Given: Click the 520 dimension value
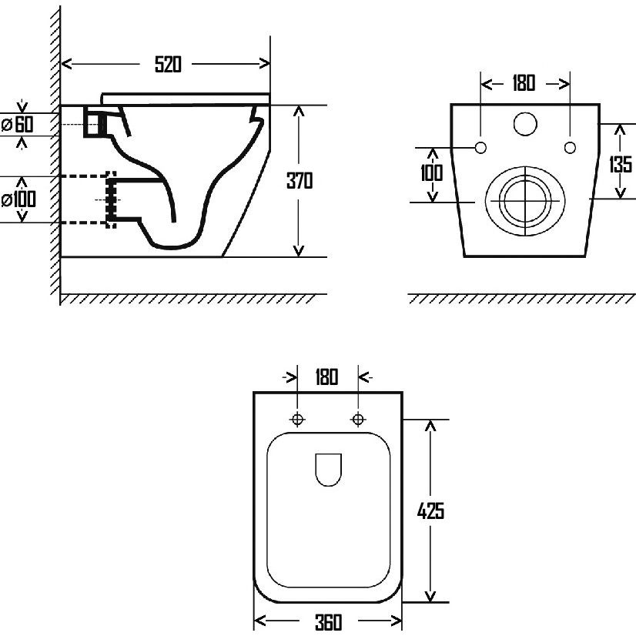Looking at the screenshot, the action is pyautogui.click(x=168, y=64).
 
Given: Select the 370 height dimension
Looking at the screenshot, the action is pyautogui.click(x=300, y=181).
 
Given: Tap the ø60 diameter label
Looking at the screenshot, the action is pyautogui.click(x=18, y=124).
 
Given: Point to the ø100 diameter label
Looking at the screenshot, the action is pyautogui.click(x=18, y=199).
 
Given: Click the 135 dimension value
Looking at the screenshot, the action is pyautogui.click(x=621, y=164).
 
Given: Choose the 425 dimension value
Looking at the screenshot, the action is pyautogui.click(x=430, y=510).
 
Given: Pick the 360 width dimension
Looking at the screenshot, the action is pyautogui.click(x=328, y=622).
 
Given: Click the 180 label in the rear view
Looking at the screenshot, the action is pyautogui.click(x=524, y=83).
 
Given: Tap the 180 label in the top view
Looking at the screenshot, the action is pyautogui.click(x=326, y=377).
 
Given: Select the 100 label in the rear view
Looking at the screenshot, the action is pyautogui.click(x=431, y=172).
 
